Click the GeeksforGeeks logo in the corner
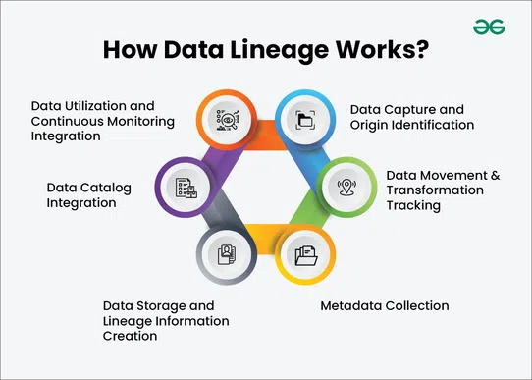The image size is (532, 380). tap(488, 27)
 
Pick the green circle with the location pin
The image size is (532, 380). tap(346, 185)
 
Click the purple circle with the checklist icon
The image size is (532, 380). tap(185, 187)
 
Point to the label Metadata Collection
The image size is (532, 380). tap(385, 306)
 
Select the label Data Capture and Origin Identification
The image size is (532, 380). tap(411, 118)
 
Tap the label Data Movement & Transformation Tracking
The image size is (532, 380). tap(443, 190)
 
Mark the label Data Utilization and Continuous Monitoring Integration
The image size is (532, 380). tap(102, 120)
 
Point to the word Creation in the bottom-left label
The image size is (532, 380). tap(130, 336)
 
